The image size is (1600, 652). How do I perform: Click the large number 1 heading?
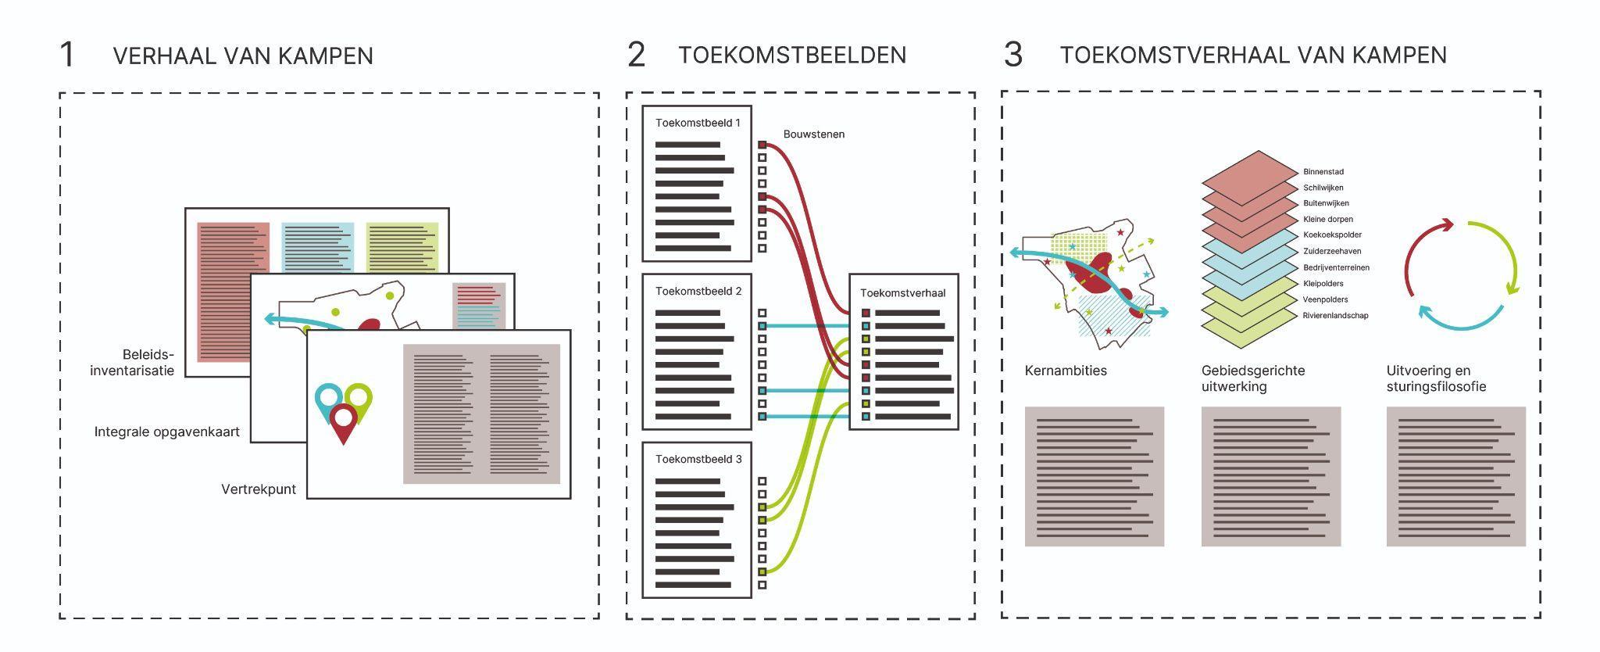[67, 56]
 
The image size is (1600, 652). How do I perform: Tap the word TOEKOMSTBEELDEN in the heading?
[791, 56]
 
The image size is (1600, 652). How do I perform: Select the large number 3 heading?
[1012, 56]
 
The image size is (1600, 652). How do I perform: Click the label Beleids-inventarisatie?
[133, 363]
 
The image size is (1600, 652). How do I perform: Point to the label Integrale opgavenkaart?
[166, 432]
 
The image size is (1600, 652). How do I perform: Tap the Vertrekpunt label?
[259, 489]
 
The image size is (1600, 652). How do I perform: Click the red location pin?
[343, 422]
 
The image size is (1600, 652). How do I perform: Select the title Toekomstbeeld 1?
[698, 123]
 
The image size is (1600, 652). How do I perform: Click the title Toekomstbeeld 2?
[698, 291]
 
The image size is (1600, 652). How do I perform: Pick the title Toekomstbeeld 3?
[698, 459]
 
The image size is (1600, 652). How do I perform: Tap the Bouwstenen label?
[813, 134]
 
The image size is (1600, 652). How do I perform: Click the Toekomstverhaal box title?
[902, 293]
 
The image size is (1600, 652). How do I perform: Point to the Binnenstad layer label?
[1323, 172]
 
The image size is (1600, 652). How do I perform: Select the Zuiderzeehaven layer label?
[1332, 251]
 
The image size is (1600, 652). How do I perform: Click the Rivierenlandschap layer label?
[1335, 316]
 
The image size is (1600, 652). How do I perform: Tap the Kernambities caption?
[1066, 371]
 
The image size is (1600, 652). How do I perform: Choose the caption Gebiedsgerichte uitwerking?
[1253, 378]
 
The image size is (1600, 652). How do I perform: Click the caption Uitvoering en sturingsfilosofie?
[1436, 378]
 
